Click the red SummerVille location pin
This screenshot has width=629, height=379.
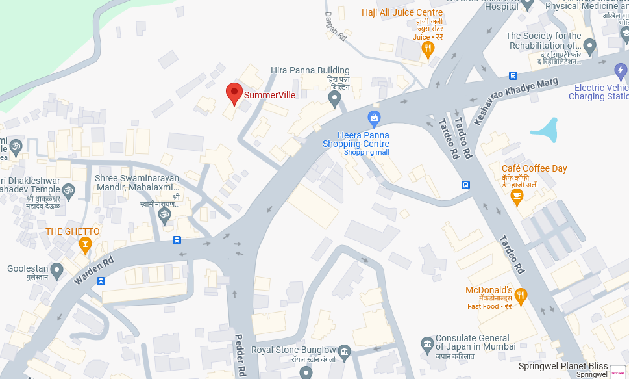pos(234,93)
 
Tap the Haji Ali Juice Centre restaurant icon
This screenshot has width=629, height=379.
pos(428,48)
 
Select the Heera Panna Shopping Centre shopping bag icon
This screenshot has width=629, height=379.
pos(374,118)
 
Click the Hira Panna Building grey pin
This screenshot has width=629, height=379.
pos(335,99)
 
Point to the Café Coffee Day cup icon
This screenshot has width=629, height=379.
pos(517,197)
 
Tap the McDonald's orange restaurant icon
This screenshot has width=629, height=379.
pos(520,296)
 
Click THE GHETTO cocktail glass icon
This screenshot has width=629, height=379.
pos(84,244)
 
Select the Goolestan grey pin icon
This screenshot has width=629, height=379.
pos(56,269)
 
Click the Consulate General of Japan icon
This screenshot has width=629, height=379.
pos(426,343)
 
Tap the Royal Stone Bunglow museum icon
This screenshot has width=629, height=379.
pos(345,351)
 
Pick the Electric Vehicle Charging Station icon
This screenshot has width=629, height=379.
pos(621,70)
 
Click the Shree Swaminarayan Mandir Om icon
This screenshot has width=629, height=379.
pos(164,214)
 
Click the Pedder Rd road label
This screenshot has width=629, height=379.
pos(240,356)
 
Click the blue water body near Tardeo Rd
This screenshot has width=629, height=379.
pos(546,131)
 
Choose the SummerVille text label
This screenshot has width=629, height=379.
pos(269,95)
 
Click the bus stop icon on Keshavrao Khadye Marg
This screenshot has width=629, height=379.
pos(513,75)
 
